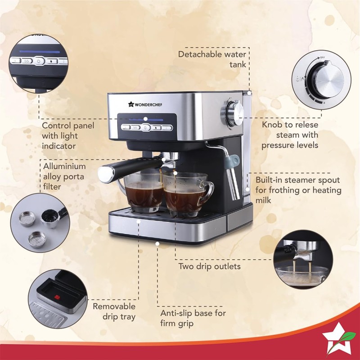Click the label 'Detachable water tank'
pyautogui.click(x=212, y=59)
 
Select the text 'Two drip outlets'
pyautogui.click(x=209, y=266)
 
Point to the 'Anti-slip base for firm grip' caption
pyautogui.click(x=193, y=318)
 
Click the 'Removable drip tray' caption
pyautogui.click(x=114, y=311)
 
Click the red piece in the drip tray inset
pyautogui.click(x=57, y=297)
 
